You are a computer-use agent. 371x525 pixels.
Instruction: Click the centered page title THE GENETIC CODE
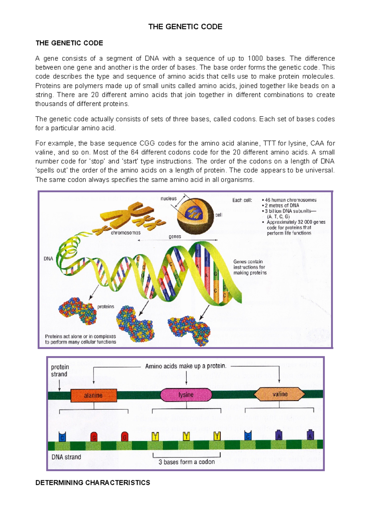185,27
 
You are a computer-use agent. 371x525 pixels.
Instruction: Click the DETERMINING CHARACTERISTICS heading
93,483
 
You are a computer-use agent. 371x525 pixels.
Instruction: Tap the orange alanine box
94,395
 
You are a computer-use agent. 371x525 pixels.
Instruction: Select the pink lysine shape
186,395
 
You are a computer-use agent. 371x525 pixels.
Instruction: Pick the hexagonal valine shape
279,394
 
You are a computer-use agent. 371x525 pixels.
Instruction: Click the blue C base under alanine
62,437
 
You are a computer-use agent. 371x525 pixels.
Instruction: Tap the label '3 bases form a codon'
186,462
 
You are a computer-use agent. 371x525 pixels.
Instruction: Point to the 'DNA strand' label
66,457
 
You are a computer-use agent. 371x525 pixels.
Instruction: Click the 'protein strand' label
60,371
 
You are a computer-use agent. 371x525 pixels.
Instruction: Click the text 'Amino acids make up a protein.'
186,366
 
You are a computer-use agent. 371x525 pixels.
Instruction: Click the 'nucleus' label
168,198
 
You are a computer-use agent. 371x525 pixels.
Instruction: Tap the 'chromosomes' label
126,232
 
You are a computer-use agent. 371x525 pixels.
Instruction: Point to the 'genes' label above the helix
175,236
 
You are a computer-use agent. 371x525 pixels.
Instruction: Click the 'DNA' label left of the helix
48,258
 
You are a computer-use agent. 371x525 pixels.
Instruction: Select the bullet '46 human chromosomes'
290,200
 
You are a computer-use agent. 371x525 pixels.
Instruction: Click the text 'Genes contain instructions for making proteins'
250,267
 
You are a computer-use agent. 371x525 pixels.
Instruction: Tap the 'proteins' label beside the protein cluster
106,306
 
